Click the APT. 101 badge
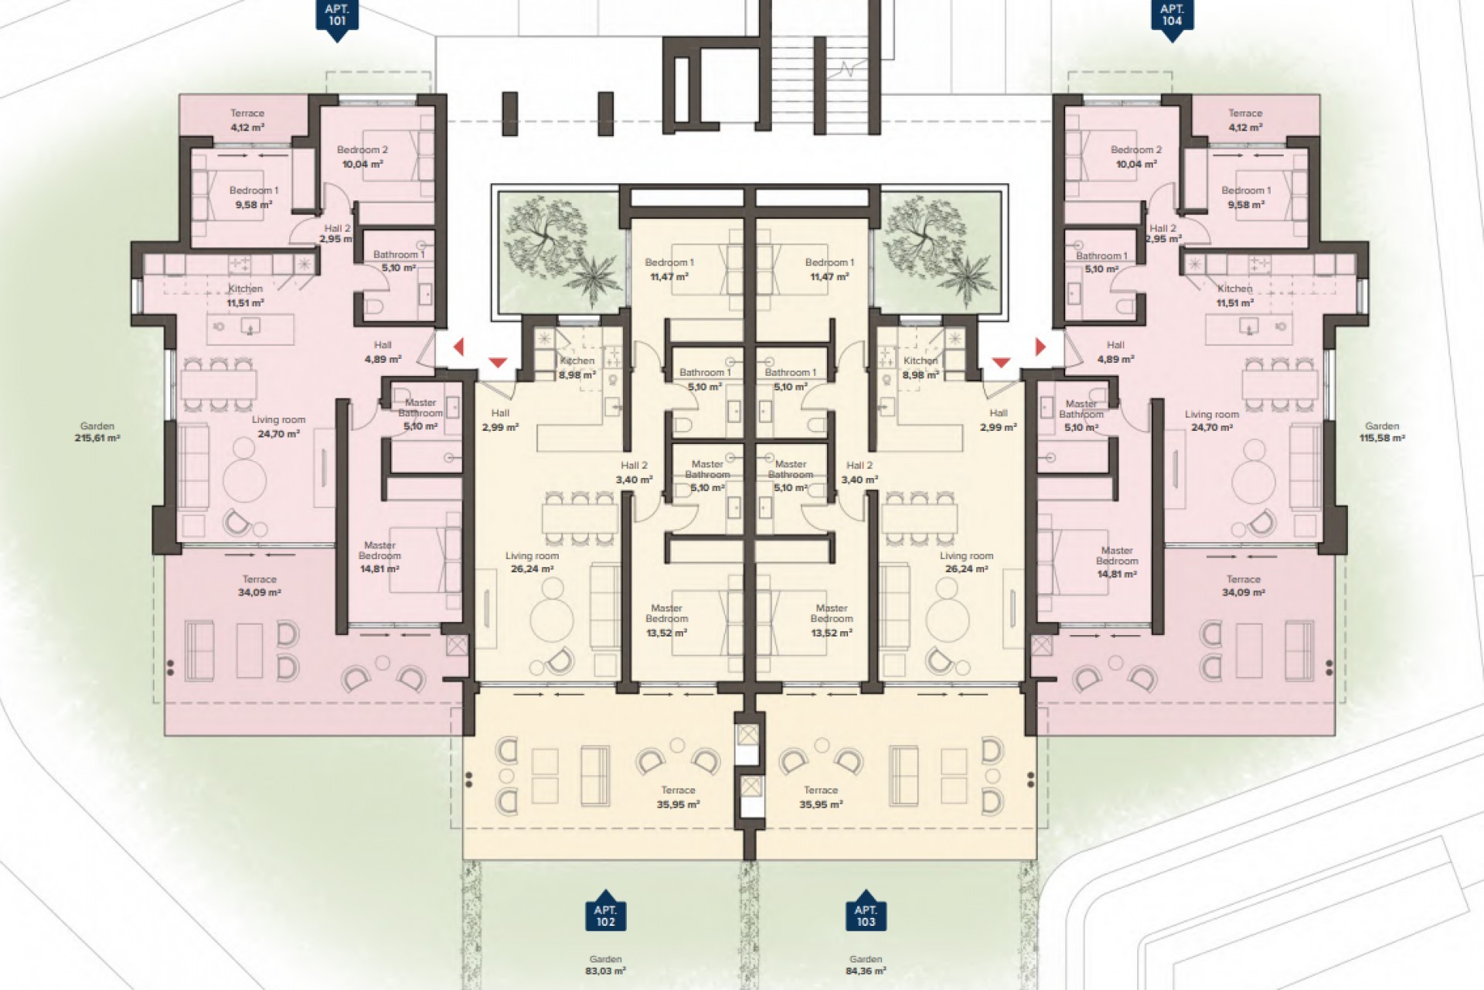pos(336,15)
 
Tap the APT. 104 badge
pos(1172,15)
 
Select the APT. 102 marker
pos(605,915)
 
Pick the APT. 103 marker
pos(866,915)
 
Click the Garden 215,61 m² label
pos(97,432)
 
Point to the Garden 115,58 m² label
pos(1382,432)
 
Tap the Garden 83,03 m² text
pos(605,964)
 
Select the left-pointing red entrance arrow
pos(458,346)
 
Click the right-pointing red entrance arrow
pos(1040,346)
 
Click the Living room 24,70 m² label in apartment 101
pos(278,427)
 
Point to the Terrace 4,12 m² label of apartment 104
pos(1245,120)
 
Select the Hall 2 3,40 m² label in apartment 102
pos(634,473)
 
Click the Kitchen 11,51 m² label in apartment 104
pos(1234,295)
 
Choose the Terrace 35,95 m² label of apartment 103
pos(821,797)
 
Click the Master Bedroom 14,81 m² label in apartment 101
pos(380,557)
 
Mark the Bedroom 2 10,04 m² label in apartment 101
pos(362,156)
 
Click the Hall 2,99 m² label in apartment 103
pos(998,420)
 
